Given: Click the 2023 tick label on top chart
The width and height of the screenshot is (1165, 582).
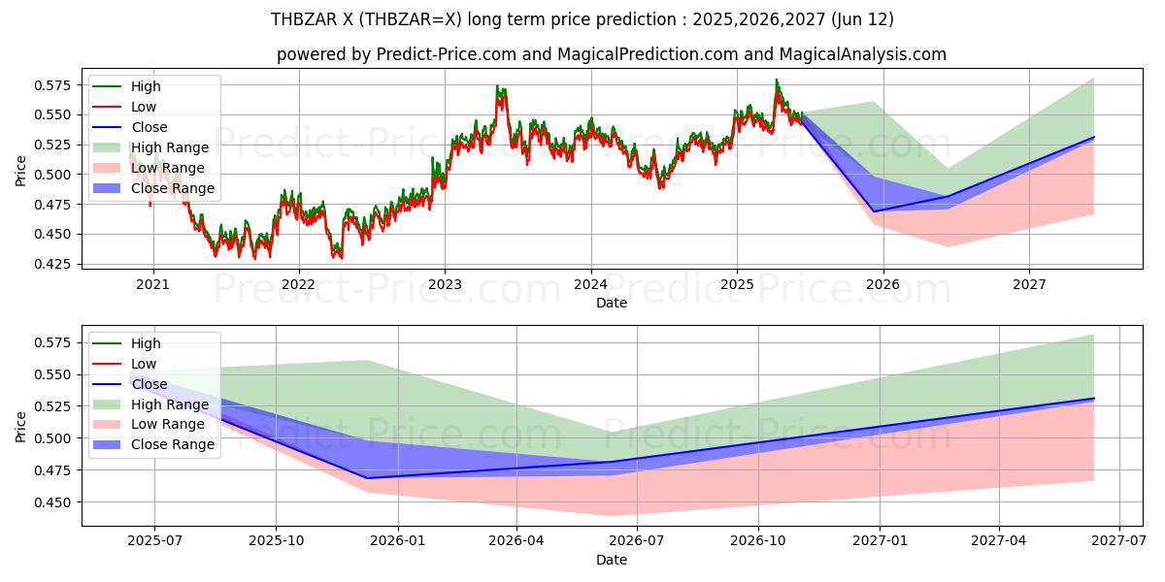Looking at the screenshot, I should click(445, 284).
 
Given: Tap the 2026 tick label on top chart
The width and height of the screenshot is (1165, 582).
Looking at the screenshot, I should click(882, 284).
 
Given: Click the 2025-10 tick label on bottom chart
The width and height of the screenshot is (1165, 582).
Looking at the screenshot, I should click(276, 541).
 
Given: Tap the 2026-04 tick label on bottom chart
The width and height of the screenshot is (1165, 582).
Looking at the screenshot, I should click(516, 541).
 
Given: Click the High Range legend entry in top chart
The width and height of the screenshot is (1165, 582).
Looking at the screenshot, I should click(170, 147).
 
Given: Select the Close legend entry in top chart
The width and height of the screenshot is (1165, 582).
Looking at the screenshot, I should click(150, 127).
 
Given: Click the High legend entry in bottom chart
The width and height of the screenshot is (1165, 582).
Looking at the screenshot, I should click(146, 343).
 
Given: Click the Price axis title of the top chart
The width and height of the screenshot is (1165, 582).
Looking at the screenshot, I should click(21, 171).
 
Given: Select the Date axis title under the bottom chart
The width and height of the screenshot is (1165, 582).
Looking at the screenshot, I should click(612, 560).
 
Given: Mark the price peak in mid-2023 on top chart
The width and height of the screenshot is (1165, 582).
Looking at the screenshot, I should click(497, 86).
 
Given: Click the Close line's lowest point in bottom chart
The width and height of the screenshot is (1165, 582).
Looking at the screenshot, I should click(368, 478).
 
